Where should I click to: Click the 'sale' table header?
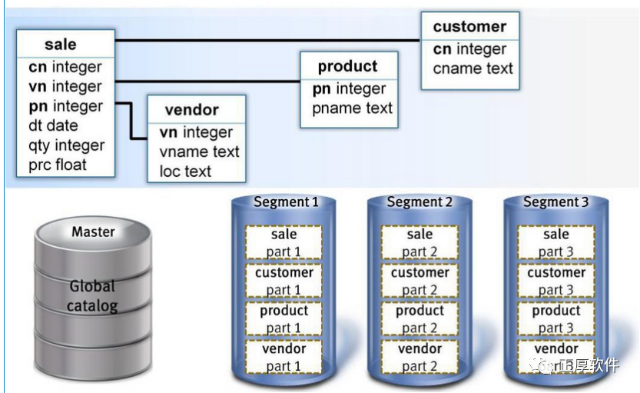60,44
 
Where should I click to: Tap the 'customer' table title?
469,27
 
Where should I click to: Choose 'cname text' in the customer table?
472,68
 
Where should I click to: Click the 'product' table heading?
347,67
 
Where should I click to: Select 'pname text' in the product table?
352,108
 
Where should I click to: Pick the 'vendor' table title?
191,110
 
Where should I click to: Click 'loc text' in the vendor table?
184,171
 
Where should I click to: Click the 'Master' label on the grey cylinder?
93,231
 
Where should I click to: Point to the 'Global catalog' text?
92,296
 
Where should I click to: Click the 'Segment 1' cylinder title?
285,202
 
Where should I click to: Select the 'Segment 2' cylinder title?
419,202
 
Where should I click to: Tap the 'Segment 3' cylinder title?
555,202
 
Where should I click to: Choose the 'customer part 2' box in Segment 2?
419,281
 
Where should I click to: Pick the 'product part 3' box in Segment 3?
555,319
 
